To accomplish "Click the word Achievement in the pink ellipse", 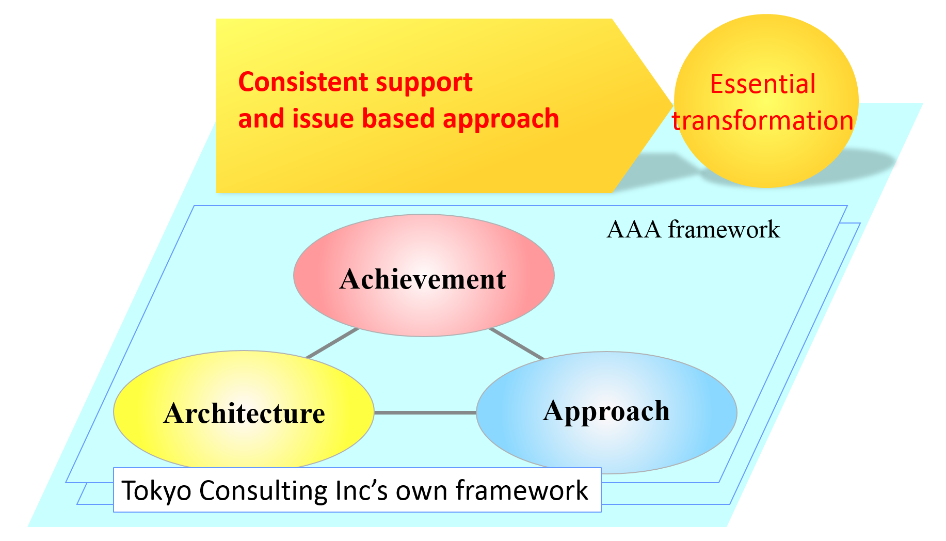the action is point(423,279).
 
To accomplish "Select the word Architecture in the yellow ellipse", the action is point(244,413).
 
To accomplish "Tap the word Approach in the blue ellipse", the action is point(606,412).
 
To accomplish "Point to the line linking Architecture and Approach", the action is point(425,412).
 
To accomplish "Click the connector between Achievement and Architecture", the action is point(332,343).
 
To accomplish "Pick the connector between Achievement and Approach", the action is point(516,343).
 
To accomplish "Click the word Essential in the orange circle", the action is point(763,84).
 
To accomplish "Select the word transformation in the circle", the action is point(762,120).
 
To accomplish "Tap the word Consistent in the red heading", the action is point(303,82).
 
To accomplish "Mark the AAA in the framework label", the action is point(634,229).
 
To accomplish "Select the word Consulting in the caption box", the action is point(263,491).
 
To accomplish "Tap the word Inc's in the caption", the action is point(361,490).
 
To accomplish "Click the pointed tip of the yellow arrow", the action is point(672,105).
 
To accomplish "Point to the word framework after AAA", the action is point(724,229).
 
